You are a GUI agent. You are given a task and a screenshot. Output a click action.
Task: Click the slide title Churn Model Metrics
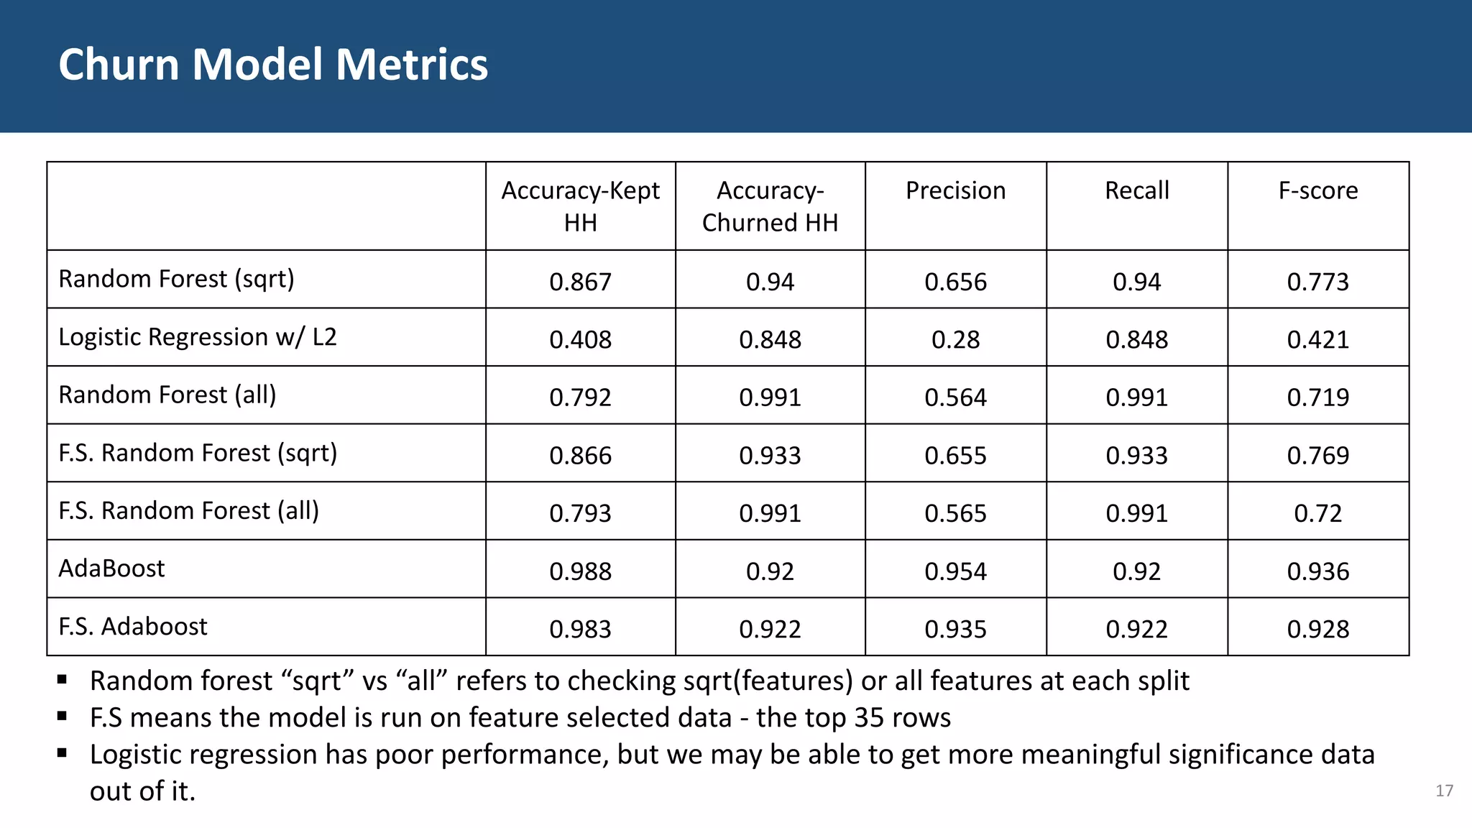[x=273, y=65]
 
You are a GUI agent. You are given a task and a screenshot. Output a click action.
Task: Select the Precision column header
[x=955, y=190]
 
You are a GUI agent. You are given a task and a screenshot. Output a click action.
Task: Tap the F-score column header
[x=1317, y=190]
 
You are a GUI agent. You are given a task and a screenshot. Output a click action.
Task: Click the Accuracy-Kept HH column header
[x=580, y=206]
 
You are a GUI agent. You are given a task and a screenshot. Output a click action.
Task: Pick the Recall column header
[x=1136, y=190]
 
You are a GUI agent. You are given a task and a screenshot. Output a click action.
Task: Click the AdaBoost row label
[x=111, y=569]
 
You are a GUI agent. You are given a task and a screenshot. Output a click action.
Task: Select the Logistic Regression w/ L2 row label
[x=198, y=337]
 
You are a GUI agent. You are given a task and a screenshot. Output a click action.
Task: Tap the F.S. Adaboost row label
[x=133, y=627]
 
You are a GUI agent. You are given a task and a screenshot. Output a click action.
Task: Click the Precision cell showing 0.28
[x=955, y=339]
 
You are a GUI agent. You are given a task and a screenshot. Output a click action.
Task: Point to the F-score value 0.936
[x=1317, y=571]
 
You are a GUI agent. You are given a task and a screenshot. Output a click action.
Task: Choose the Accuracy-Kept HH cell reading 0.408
[x=580, y=339]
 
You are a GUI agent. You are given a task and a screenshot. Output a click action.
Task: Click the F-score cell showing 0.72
[x=1317, y=513]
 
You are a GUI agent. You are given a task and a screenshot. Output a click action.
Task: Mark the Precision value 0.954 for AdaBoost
[x=955, y=571]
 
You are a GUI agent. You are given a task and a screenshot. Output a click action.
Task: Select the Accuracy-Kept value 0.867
[x=580, y=282]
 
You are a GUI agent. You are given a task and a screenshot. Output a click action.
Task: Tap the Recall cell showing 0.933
[x=1136, y=456]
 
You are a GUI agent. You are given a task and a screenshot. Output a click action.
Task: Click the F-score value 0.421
[x=1317, y=339]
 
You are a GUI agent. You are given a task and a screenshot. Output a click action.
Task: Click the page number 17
[x=1444, y=791]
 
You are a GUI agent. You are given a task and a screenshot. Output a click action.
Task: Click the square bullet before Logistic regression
[x=63, y=753]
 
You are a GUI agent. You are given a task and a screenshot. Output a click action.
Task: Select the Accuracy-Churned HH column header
[x=770, y=206]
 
